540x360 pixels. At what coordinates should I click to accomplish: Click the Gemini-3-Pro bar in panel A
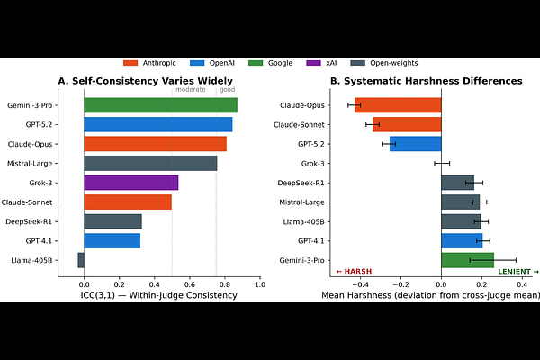[x=160, y=104]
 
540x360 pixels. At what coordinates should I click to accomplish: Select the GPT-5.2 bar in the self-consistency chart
[x=157, y=124]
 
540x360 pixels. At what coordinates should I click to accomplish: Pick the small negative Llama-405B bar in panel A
[x=81, y=260]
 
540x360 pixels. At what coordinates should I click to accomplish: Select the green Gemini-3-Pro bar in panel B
[x=467, y=260]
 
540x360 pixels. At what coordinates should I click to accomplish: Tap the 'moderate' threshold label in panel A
[x=190, y=90]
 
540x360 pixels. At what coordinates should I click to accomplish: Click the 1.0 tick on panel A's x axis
[x=259, y=284]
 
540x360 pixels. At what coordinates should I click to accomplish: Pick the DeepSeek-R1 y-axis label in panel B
[x=302, y=183]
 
